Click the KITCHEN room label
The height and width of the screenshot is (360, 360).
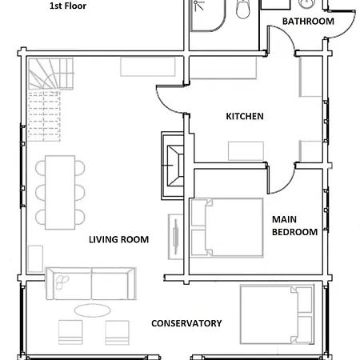point(245,116)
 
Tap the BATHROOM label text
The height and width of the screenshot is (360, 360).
point(308,22)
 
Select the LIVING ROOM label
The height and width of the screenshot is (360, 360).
point(118,239)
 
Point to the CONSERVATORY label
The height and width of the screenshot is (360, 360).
point(186,323)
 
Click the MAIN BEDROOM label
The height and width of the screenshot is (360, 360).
point(294,226)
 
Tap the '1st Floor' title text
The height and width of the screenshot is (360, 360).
point(68,6)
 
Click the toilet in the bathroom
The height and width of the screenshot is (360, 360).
point(243,10)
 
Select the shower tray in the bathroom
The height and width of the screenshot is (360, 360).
point(208,15)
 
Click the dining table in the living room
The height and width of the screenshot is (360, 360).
point(60,192)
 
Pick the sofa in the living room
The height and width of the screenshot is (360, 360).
point(91,283)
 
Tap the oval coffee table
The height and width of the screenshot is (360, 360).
point(92,310)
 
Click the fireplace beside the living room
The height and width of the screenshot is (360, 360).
point(173,166)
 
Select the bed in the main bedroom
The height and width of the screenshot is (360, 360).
point(227,228)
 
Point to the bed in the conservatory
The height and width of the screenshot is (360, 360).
point(277,314)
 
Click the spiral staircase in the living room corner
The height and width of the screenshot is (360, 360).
point(50,74)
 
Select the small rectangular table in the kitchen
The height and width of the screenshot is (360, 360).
point(246,151)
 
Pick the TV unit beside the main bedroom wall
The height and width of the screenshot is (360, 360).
point(175,237)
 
